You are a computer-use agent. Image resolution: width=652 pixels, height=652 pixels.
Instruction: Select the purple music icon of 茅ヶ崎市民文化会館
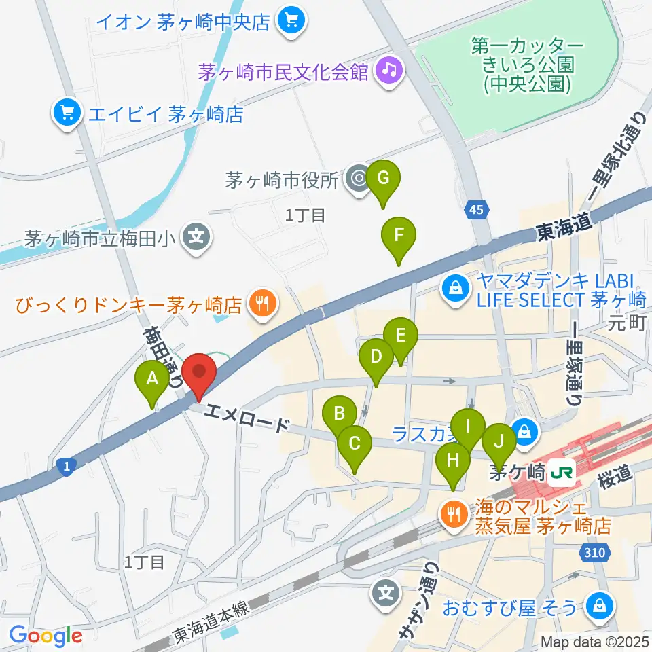coord(388,71)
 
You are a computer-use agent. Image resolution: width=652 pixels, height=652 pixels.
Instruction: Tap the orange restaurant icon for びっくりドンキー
coord(261,304)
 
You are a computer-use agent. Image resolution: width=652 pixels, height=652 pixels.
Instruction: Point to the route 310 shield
coord(594,554)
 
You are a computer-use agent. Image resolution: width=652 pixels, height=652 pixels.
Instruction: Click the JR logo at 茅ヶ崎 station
coord(561,470)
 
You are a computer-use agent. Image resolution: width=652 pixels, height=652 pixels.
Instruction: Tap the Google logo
coord(46,636)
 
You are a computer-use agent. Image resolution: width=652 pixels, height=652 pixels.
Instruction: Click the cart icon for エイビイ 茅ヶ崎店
coord(67,113)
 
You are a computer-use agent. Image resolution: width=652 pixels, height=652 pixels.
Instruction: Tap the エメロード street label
coord(245,417)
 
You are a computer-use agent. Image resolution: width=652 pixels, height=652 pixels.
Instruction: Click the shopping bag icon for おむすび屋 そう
coord(598,605)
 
